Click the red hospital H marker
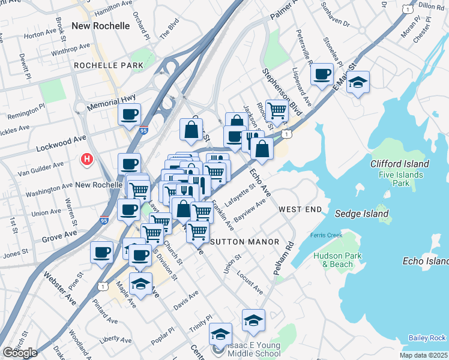pos(87,159)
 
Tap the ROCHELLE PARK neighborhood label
pos(109,65)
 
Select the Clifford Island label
pos(400,164)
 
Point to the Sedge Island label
pos(361,214)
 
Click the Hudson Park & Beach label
pos(333,259)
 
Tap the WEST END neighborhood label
pos(300,209)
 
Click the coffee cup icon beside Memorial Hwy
pos(129,115)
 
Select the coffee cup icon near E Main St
pos(322,74)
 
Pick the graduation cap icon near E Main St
pos(358,82)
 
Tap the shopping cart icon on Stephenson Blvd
pos(277,110)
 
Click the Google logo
pos(20,353)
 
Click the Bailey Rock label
pos(427,338)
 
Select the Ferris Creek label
pos(326,235)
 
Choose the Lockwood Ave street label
pos(61,142)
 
